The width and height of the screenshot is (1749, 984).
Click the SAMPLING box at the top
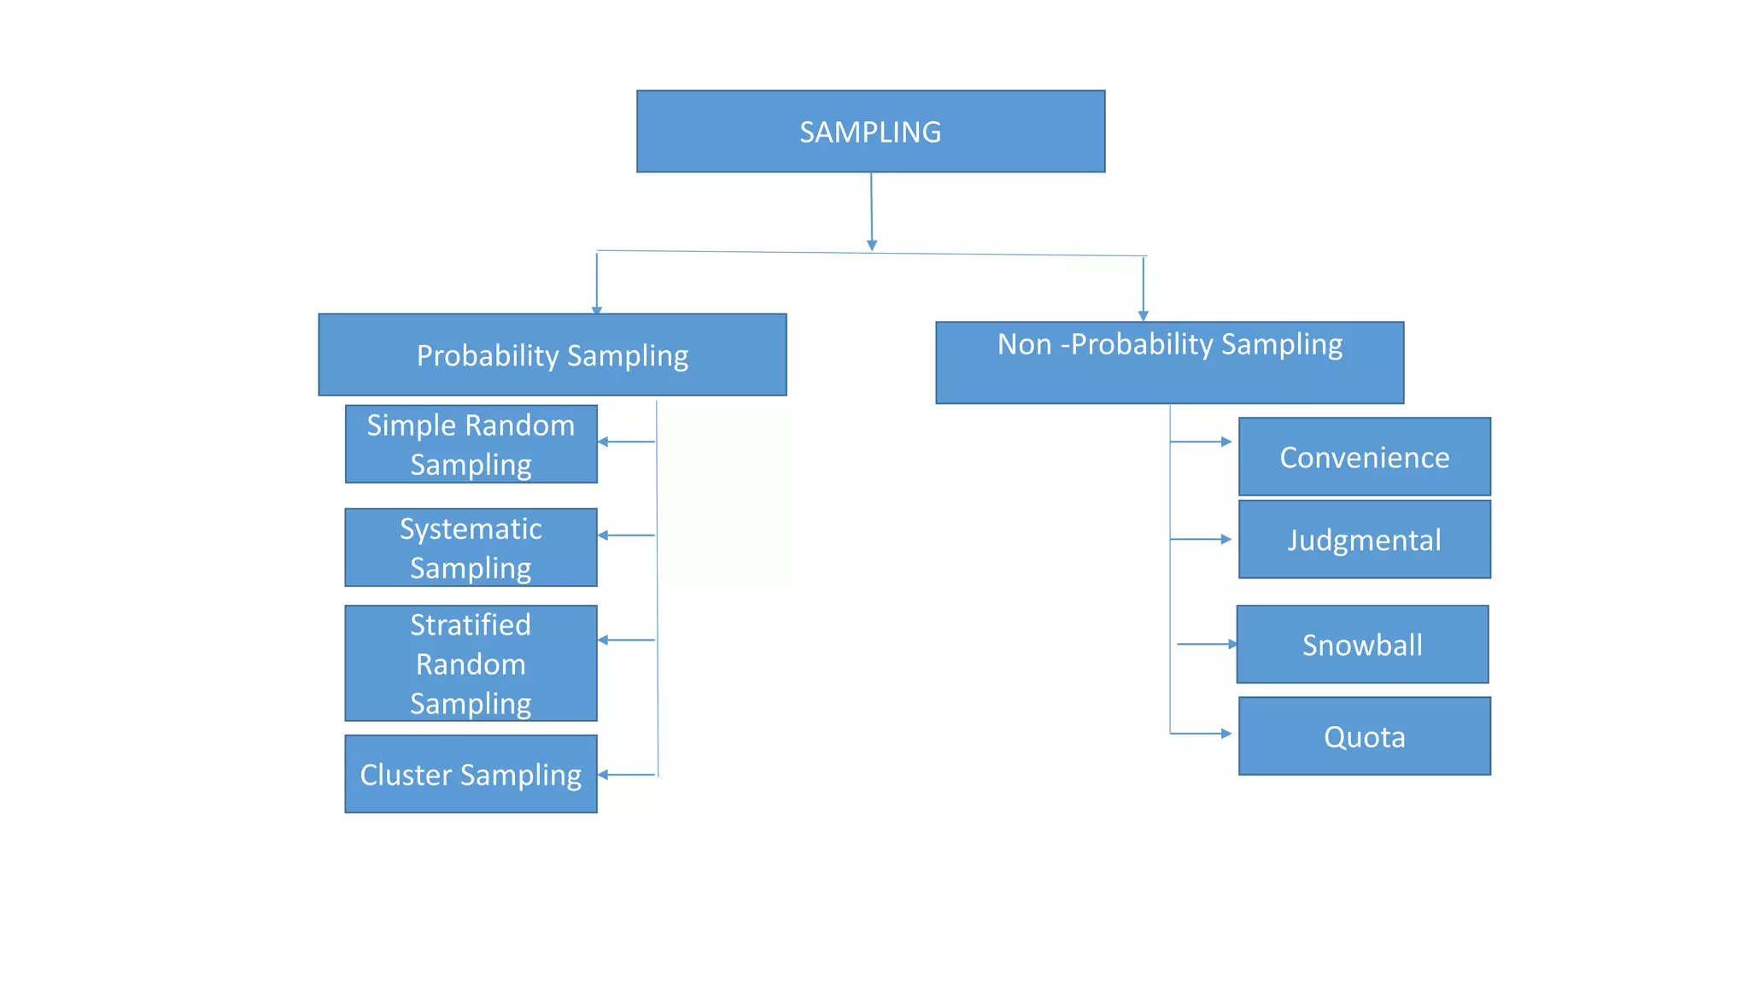[870, 132]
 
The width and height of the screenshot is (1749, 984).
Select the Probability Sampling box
[552, 354]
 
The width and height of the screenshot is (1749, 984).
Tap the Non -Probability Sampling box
[1169, 362]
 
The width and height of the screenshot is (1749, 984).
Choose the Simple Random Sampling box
[471, 444]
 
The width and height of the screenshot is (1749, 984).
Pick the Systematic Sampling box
[471, 548]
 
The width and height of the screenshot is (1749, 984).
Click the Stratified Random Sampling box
[471, 664]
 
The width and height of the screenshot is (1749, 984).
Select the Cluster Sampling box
[471, 774]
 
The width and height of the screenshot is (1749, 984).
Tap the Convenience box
[1364, 457]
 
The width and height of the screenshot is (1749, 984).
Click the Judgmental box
[1364, 540]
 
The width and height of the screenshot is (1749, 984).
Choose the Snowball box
[1362, 645]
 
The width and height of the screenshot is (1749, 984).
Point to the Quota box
[1364, 736]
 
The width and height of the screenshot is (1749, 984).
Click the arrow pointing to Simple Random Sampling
[626, 442]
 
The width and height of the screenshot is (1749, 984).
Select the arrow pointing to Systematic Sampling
[626, 536]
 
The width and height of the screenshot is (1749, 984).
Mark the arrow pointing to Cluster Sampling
[626, 775]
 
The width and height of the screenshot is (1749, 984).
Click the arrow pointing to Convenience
[1201, 442]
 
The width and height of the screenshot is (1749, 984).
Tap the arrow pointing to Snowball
[1207, 644]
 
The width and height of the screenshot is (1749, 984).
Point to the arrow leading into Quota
[1201, 734]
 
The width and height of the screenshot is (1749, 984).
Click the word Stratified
[471, 625]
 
